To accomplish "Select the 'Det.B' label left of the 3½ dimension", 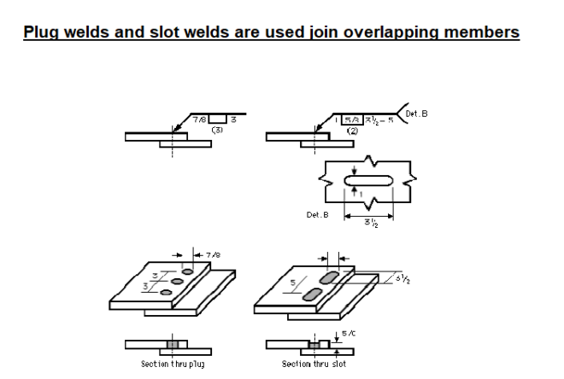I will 317,215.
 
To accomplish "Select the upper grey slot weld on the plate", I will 328,278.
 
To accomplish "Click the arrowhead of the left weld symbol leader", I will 174,132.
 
